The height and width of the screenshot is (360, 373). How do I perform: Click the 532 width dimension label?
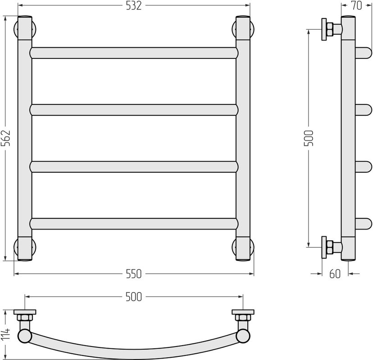(x=134, y=6)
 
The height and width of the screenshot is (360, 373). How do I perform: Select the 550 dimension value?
(x=134, y=274)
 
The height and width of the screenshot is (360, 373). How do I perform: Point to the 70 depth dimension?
(x=357, y=5)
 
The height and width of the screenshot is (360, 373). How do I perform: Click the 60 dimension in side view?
(x=335, y=274)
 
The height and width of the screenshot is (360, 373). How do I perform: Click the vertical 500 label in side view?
(x=309, y=138)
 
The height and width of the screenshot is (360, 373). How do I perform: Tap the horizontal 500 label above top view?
(x=134, y=297)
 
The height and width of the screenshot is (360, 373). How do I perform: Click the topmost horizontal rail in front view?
(x=134, y=53)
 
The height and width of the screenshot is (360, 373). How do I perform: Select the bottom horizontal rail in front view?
(x=134, y=224)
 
